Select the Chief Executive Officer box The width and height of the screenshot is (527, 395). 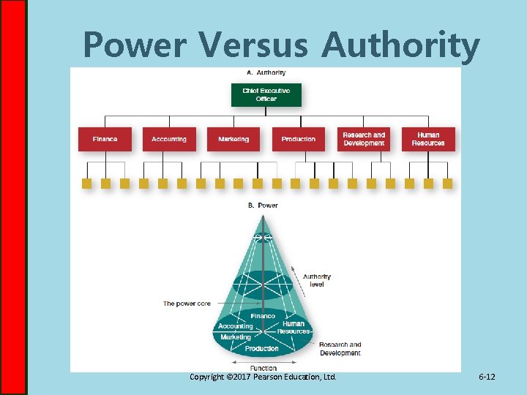tap(266, 94)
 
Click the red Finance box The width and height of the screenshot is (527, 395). tap(105, 139)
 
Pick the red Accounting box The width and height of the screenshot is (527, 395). tap(169, 139)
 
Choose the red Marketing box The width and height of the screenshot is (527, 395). tap(233, 139)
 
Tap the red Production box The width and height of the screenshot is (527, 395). tap(298, 139)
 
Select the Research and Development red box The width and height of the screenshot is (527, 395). tap(364, 139)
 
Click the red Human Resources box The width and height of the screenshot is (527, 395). tap(428, 139)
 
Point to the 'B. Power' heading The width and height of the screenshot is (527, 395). tap(263, 206)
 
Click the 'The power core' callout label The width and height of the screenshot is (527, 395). tap(187, 304)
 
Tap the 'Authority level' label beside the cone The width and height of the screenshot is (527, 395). tap(317, 280)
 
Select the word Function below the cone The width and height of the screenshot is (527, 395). tap(263, 368)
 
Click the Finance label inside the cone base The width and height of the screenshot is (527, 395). tap(263, 316)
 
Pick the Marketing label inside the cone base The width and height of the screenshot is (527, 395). tap(236, 337)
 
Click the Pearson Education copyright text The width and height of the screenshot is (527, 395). tap(263, 377)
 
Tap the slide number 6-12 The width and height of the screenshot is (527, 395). tap(487, 377)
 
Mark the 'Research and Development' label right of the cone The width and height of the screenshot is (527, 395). tap(340, 349)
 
